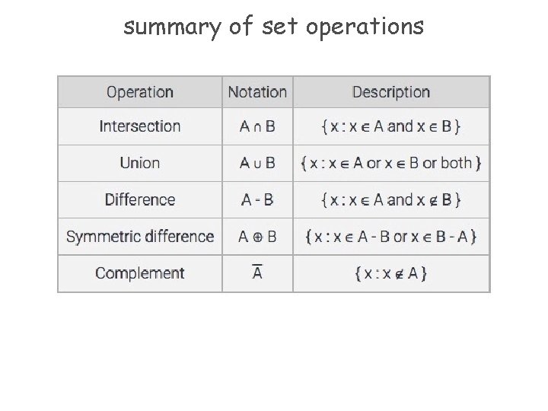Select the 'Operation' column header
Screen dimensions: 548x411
click(x=140, y=92)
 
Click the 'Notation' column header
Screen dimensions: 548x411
click(x=257, y=92)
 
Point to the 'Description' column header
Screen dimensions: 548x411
click(x=391, y=92)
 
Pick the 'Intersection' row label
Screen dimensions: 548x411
click(x=140, y=126)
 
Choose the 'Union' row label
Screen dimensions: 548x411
click(x=140, y=163)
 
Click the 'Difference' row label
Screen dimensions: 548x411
click(x=140, y=199)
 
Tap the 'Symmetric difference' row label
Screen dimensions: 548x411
click(x=140, y=236)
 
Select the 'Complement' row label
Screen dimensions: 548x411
click(x=140, y=272)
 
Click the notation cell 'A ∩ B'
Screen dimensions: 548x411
click(x=257, y=126)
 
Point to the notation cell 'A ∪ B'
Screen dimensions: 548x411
click(x=257, y=163)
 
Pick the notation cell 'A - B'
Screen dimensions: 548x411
click(x=257, y=199)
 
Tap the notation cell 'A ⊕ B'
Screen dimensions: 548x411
click(x=257, y=236)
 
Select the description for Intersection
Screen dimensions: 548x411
click(x=391, y=126)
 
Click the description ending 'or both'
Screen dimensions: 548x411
click(x=391, y=163)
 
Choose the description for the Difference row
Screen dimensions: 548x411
click(x=391, y=199)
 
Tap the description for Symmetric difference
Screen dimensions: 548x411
click(x=391, y=236)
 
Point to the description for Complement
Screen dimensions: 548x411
click(x=391, y=272)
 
